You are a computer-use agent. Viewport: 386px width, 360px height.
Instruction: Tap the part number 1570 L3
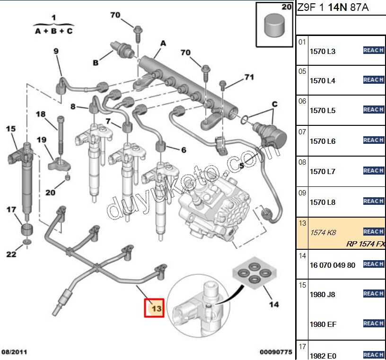point(322,52)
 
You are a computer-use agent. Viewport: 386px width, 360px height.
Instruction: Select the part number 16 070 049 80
point(332,265)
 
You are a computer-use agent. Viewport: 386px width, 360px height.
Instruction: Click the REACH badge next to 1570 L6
point(373,140)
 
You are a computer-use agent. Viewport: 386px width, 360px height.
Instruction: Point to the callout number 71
point(249,77)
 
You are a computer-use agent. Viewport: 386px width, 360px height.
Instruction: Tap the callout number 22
point(11,255)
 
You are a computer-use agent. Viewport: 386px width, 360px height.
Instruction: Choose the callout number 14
point(273,305)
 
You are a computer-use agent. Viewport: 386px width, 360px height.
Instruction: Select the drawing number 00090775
point(276,352)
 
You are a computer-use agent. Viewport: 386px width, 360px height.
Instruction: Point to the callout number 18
point(41,114)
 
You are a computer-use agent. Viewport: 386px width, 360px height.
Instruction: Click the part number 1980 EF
point(323,325)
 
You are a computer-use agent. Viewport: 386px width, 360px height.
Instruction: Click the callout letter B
point(95,62)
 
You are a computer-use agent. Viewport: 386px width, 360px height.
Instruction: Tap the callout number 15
point(10,129)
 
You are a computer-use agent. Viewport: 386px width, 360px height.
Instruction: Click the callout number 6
point(184,150)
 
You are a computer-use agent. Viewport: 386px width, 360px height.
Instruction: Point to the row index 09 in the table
point(302,193)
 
